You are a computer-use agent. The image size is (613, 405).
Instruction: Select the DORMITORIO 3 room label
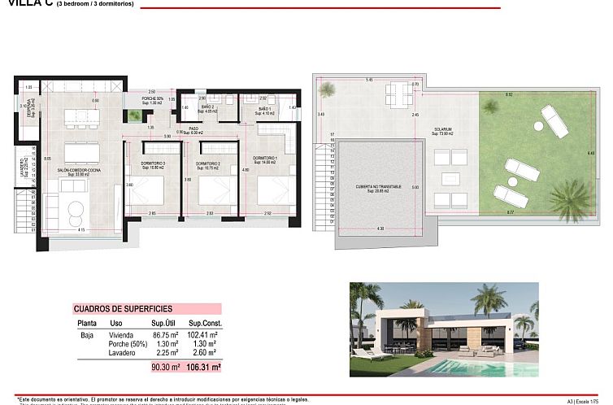(x=153, y=164)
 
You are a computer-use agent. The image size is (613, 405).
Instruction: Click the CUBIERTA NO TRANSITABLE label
(x=379, y=189)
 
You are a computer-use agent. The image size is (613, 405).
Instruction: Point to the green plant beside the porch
(x=134, y=116)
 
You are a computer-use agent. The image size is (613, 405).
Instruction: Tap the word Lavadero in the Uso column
(x=120, y=352)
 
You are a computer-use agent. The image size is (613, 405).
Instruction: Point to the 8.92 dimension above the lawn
(x=509, y=95)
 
